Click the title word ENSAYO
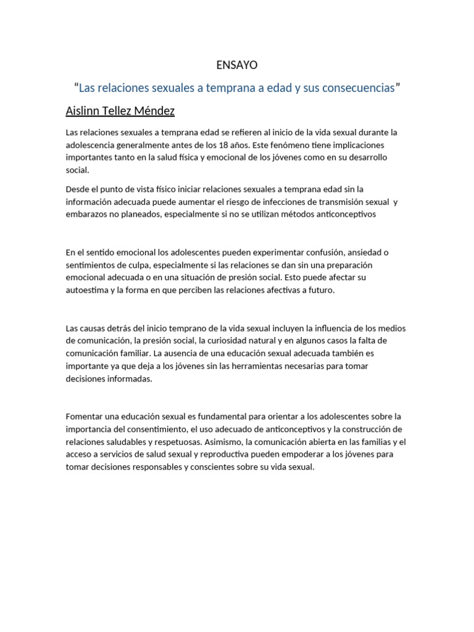pos(237,65)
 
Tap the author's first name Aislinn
pos(85,111)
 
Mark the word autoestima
pos(87,289)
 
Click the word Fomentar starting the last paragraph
pos(85,417)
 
